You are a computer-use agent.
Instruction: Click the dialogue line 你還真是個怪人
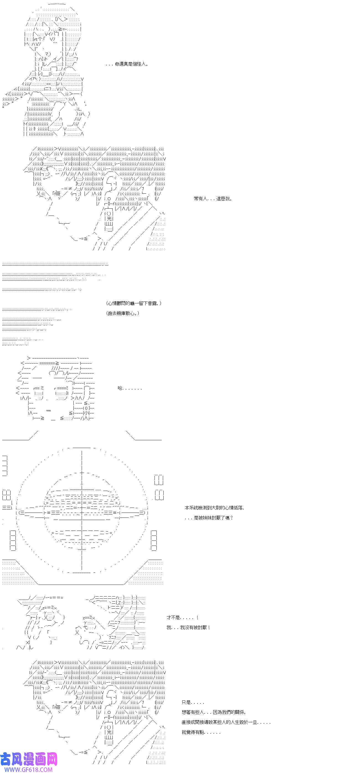[x=127, y=64]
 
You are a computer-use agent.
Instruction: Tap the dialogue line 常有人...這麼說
[x=213, y=199]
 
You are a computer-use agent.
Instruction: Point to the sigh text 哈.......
[x=129, y=388]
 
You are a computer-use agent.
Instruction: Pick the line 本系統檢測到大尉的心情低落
[x=214, y=508]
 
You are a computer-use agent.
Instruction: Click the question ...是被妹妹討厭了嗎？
[x=209, y=518]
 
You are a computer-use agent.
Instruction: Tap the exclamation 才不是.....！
[x=182, y=618]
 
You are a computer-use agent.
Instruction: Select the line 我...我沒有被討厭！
[x=188, y=628]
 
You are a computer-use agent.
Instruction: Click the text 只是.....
[x=193, y=702]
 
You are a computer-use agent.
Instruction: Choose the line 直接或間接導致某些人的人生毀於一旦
[x=226, y=722]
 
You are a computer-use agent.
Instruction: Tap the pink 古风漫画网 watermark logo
[x=29, y=759]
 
